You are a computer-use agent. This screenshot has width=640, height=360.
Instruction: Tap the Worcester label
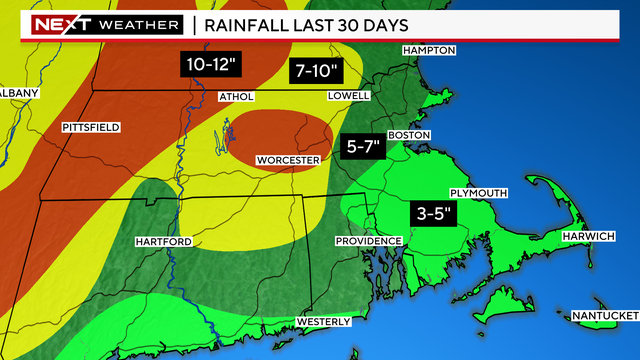coord(287,160)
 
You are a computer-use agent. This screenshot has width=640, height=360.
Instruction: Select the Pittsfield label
coord(91,128)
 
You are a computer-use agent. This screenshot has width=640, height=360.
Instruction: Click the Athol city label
coord(236,97)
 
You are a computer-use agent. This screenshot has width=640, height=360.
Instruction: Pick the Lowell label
coord(349,96)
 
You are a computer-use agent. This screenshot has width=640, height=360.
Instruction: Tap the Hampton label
coord(428,50)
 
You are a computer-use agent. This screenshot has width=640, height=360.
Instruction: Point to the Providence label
coord(368,241)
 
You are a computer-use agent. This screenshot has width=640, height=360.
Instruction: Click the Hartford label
coord(162,242)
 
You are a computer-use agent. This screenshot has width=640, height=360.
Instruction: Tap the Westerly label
coord(323,321)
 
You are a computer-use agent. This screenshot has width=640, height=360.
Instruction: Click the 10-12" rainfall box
coord(212,65)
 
